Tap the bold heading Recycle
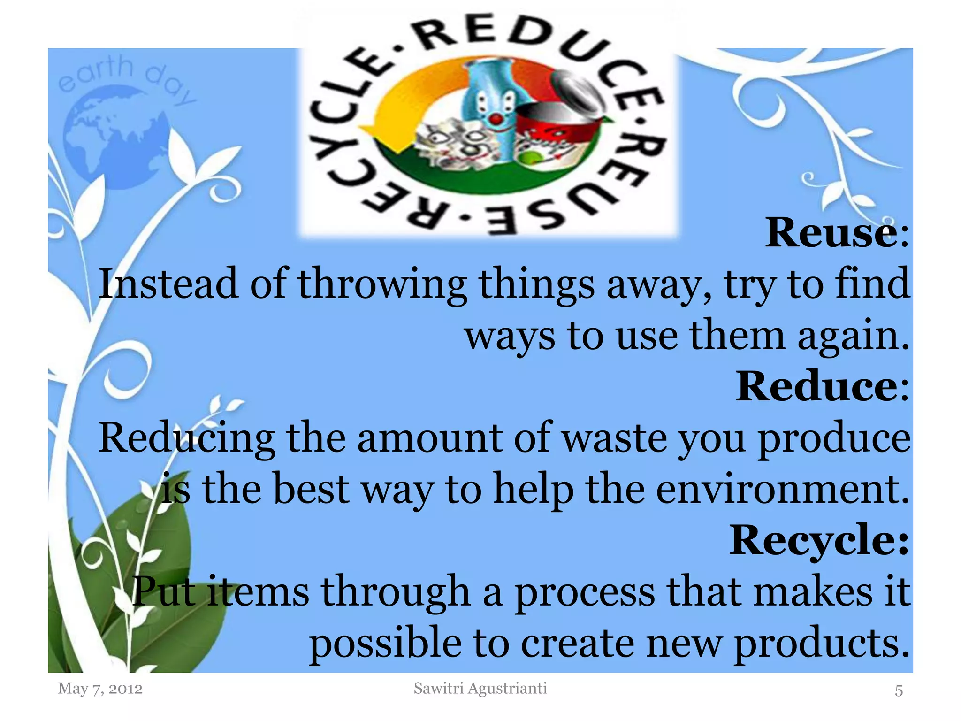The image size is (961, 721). [813, 540]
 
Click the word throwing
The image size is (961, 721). [382, 284]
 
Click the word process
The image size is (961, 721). [585, 593]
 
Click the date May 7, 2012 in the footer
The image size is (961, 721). [100, 689]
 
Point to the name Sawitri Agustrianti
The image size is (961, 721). [480, 688]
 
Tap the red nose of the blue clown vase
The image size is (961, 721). [496, 120]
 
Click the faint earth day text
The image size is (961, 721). [124, 77]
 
